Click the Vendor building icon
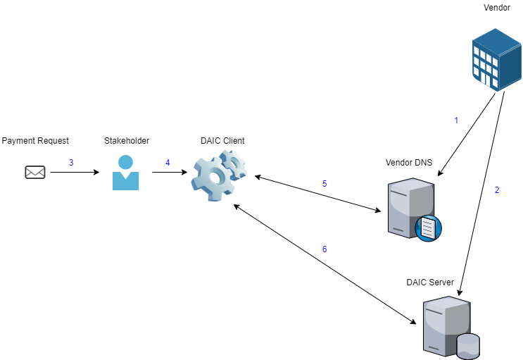click(x=494, y=60)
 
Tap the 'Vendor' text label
click(x=496, y=8)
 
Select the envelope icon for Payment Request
click(x=35, y=172)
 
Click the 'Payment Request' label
click(x=35, y=141)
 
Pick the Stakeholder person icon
click(x=126, y=173)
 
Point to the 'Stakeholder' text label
click(x=127, y=141)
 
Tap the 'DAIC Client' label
click(x=222, y=141)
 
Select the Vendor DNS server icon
click(x=412, y=208)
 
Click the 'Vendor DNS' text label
click(x=409, y=163)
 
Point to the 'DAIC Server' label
click(x=430, y=283)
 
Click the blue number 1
click(x=455, y=120)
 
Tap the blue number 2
click(x=497, y=190)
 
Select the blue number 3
click(x=71, y=163)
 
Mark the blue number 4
click(x=168, y=163)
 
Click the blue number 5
click(x=324, y=184)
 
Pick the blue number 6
click(x=324, y=249)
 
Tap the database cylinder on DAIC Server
click(x=468, y=346)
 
